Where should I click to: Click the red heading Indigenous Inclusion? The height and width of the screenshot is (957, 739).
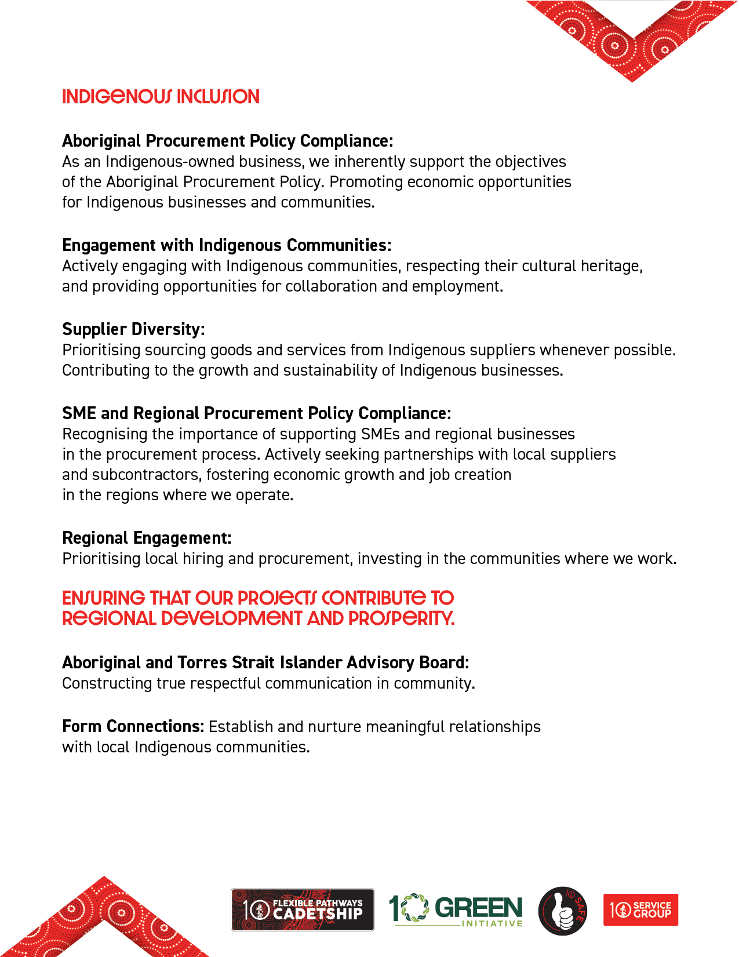click(x=161, y=97)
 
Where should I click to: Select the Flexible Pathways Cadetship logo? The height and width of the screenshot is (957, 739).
click(x=303, y=909)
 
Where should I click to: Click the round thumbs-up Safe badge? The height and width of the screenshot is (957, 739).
click(x=562, y=911)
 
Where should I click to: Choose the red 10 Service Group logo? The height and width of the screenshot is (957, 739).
click(x=640, y=910)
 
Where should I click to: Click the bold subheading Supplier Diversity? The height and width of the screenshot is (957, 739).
click(x=133, y=329)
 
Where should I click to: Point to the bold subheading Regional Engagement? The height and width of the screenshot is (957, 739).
click(x=147, y=538)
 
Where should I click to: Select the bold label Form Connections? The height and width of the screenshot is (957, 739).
click(x=133, y=726)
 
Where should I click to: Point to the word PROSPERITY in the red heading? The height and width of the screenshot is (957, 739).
click(x=401, y=618)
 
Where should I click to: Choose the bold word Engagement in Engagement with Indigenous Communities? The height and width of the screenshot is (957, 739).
click(x=109, y=245)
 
